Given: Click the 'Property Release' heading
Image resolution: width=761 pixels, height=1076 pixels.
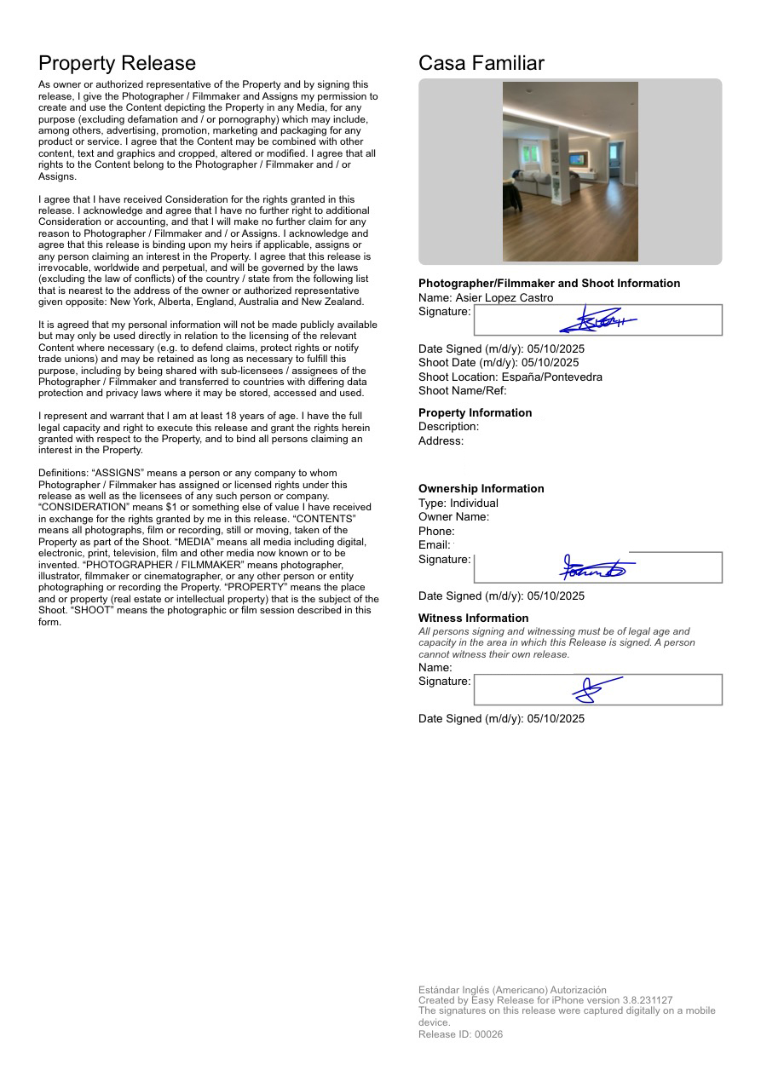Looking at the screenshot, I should [x=117, y=63].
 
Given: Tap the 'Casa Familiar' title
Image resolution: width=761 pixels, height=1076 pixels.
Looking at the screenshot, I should [x=481, y=63].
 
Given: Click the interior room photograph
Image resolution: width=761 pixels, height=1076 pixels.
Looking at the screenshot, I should [x=570, y=171].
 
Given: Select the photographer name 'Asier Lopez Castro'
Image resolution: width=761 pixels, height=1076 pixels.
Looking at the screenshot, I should [x=504, y=297].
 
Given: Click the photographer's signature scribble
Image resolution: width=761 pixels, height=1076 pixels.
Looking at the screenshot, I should [x=597, y=321].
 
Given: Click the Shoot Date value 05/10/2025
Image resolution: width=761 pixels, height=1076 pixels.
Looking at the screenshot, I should [x=553, y=362].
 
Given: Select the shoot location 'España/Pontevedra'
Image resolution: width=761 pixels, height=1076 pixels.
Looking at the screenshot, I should [x=551, y=377].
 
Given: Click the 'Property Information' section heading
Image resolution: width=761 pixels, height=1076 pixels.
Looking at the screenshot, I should [x=475, y=412].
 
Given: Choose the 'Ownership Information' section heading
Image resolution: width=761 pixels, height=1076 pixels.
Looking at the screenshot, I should [x=481, y=488].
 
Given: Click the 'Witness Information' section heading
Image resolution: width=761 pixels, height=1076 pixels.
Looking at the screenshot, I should [x=473, y=618].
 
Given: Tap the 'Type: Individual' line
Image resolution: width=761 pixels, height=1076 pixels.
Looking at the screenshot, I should [x=458, y=503].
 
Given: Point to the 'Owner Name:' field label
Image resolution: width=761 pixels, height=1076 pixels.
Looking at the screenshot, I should [x=453, y=516].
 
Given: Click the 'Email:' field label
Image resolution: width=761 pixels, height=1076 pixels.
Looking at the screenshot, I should [x=434, y=544].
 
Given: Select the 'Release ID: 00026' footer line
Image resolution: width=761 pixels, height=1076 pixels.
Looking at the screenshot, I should [x=460, y=1034].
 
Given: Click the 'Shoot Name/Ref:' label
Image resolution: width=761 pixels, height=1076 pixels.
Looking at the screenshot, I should [x=462, y=390].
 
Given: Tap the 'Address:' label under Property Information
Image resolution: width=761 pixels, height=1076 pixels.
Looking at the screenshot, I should [x=441, y=440].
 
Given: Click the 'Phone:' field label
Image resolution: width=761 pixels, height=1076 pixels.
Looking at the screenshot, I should [x=436, y=531].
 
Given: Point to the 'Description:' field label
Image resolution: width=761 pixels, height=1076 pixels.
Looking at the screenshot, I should [x=448, y=426].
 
